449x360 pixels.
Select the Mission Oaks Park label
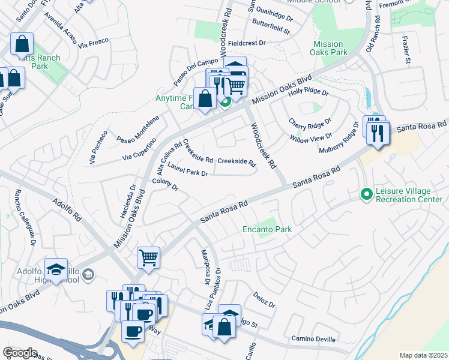(328, 49)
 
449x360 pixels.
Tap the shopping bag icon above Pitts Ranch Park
(22, 44)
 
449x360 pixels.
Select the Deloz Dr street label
(264, 301)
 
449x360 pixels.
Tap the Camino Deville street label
(313, 339)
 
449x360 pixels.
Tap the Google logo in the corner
(20, 352)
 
